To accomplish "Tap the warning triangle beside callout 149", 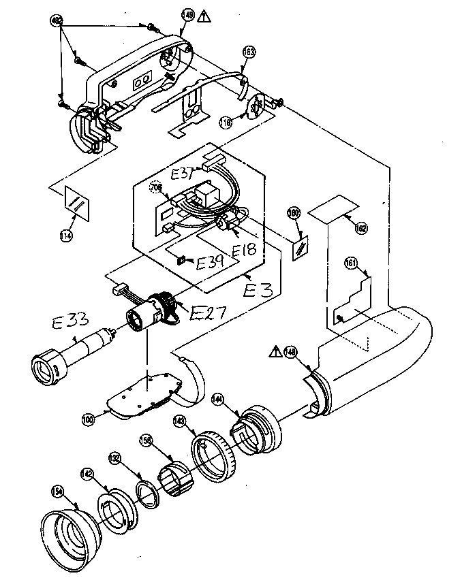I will [203, 16].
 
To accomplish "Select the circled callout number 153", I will [249, 52].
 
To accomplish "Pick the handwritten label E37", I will [184, 174].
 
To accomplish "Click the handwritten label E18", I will [244, 251].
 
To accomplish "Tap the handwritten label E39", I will [209, 261].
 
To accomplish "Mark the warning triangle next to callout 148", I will [276, 351].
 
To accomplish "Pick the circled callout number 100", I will [88, 420].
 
